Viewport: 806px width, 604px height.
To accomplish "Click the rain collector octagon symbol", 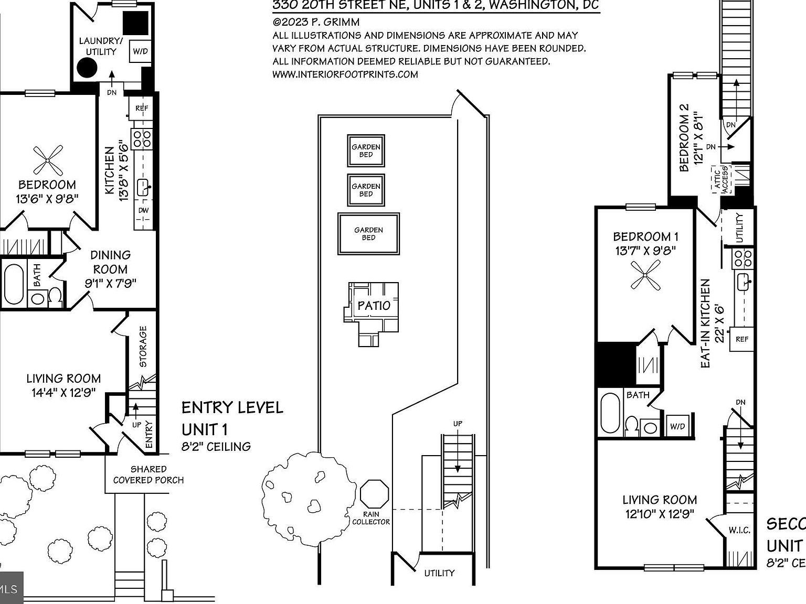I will pyautogui.click(x=375, y=494).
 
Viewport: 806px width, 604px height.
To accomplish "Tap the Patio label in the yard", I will pyautogui.click(x=374, y=305).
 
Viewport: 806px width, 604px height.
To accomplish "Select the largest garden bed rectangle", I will pyautogui.click(x=368, y=234).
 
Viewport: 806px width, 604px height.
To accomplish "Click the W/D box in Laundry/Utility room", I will pyautogui.click(x=140, y=51).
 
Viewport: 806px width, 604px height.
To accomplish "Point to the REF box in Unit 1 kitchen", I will pyautogui.click(x=142, y=108).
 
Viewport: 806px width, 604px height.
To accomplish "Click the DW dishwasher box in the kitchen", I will pyautogui.click(x=143, y=210).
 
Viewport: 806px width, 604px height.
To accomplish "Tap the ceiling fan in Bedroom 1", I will pyautogui.click(x=645, y=275).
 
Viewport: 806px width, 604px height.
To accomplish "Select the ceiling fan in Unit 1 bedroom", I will pyautogui.click(x=48, y=160).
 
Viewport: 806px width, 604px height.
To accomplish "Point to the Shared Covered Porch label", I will pyautogui.click(x=149, y=474).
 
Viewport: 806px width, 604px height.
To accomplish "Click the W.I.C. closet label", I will pyautogui.click(x=739, y=531).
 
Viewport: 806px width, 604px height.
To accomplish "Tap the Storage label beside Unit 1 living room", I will pyautogui.click(x=143, y=347).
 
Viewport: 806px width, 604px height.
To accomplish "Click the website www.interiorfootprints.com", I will pyautogui.click(x=345, y=74).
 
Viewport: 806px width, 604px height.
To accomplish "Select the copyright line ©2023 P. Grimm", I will pyautogui.click(x=316, y=22).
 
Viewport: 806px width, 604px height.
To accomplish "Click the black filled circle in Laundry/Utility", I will pyautogui.click(x=87, y=68).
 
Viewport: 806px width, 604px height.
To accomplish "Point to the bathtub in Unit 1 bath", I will pyautogui.click(x=13, y=284).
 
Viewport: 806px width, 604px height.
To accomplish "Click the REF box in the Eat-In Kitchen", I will pyautogui.click(x=742, y=339).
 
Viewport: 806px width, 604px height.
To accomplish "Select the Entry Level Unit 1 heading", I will pyautogui.click(x=232, y=418).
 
